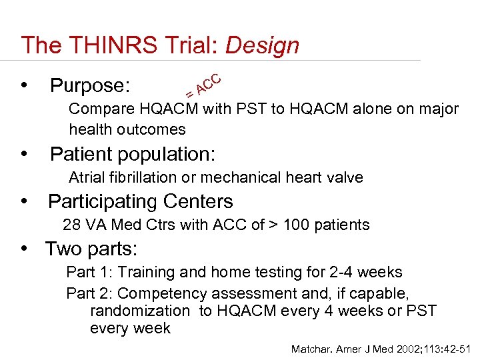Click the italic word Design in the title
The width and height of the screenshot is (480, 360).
[263, 45]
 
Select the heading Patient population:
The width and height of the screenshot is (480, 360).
[133, 155]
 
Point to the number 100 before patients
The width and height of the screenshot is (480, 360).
[297, 225]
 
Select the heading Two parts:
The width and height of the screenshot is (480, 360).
[91, 249]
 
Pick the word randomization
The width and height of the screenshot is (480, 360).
[139, 311]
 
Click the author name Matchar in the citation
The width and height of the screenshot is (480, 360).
[311, 349]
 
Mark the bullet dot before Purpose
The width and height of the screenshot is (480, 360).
[26, 86]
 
